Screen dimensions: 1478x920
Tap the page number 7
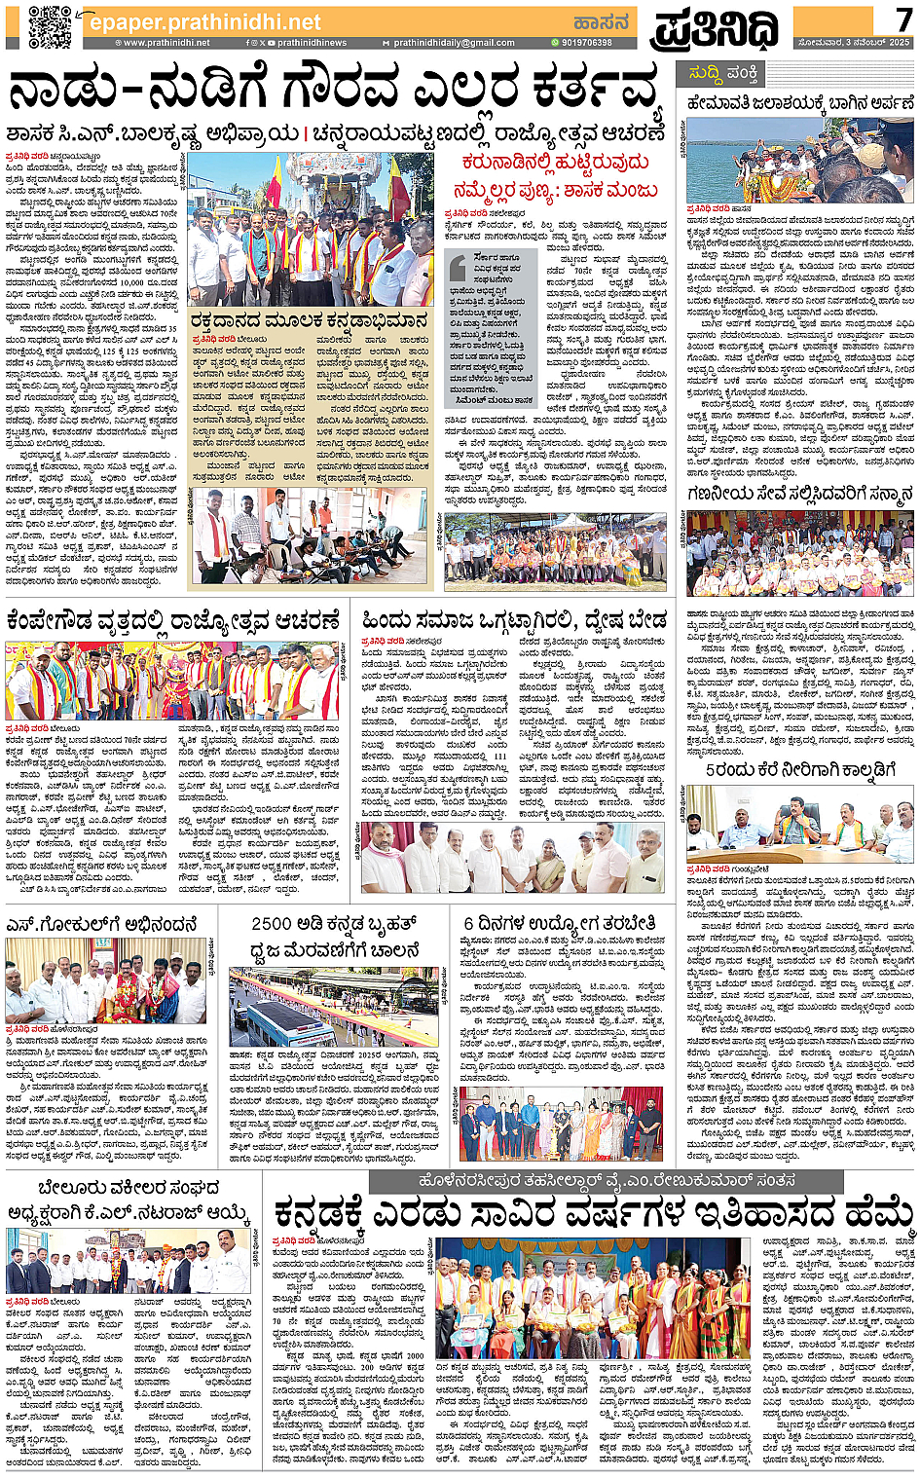pyautogui.click(x=904, y=18)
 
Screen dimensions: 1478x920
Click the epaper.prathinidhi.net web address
pyautogui.click(x=204, y=21)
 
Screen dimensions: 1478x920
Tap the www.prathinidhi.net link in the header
pyautogui.click(x=166, y=43)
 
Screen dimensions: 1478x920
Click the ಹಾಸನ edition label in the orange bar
pyautogui.click(x=601, y=21)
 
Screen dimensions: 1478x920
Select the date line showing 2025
pyautogui.click(x=854, y=43)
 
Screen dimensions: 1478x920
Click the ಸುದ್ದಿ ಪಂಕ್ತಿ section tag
pyautogui.click(x=722, y=74)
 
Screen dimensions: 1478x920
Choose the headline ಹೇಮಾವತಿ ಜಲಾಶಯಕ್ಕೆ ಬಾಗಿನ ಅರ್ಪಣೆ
pyautogui.click(x=799, y=103)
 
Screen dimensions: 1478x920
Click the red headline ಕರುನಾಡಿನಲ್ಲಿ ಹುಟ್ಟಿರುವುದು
pyautogui.click(x=556, y=163)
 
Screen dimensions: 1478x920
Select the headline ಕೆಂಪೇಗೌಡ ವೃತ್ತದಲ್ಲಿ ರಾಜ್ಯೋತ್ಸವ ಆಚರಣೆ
pyautogui.click(x=174, y=619)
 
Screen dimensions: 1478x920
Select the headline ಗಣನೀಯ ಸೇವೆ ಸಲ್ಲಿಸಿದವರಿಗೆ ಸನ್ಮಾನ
pyautogui.click(x=799, y=494)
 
